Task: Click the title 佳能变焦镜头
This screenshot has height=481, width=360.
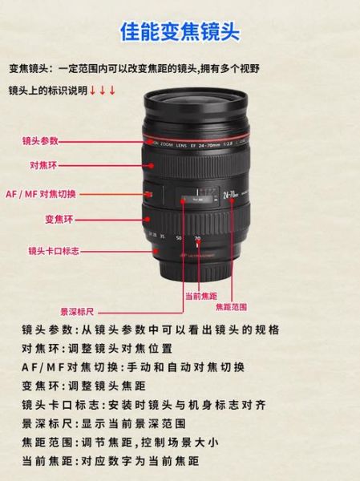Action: point(180,32)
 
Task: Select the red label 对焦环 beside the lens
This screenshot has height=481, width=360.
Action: point(42,167)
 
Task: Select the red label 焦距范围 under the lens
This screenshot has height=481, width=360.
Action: point(231,305)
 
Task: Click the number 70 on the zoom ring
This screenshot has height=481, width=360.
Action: point(196,240)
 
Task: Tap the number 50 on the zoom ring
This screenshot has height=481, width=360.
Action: point(178,239)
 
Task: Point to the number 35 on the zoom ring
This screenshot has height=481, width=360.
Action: point(161,236)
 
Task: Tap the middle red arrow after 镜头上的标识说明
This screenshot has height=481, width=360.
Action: point(103,90)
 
